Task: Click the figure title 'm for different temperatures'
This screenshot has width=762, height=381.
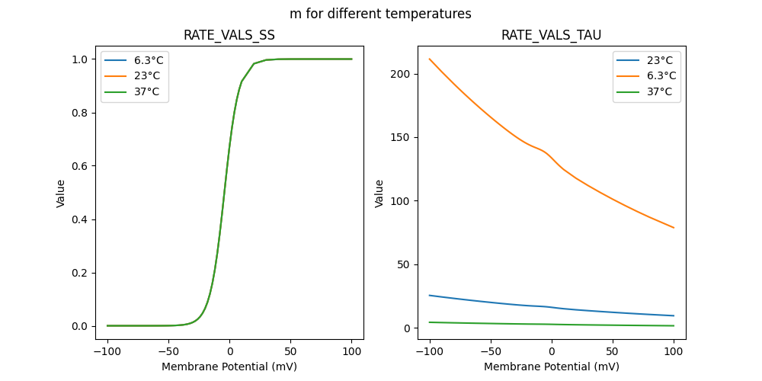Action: click(380, 14)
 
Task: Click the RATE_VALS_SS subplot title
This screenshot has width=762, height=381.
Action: click(229, 35)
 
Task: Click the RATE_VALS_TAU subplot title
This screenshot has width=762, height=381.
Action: click(552, 35)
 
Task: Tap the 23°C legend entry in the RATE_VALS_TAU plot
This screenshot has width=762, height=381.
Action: click(646, 59)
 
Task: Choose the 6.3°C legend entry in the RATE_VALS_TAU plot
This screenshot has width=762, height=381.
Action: click(646, 75)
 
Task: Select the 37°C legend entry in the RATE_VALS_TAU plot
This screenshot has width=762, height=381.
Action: click(646, 91)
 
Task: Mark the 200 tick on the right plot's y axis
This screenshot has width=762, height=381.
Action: click(402, 74)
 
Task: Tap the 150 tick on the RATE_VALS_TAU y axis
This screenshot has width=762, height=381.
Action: click(402, 138)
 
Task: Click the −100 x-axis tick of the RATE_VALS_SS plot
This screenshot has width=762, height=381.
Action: click(107, 353)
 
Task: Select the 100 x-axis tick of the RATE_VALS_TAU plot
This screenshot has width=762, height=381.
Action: click(674, 353)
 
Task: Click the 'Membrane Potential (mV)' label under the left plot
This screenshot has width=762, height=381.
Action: click(229, 367)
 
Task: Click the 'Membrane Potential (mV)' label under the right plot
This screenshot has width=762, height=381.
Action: click(552, 367)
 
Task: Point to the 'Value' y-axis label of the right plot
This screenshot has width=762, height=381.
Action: click(379, 194)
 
